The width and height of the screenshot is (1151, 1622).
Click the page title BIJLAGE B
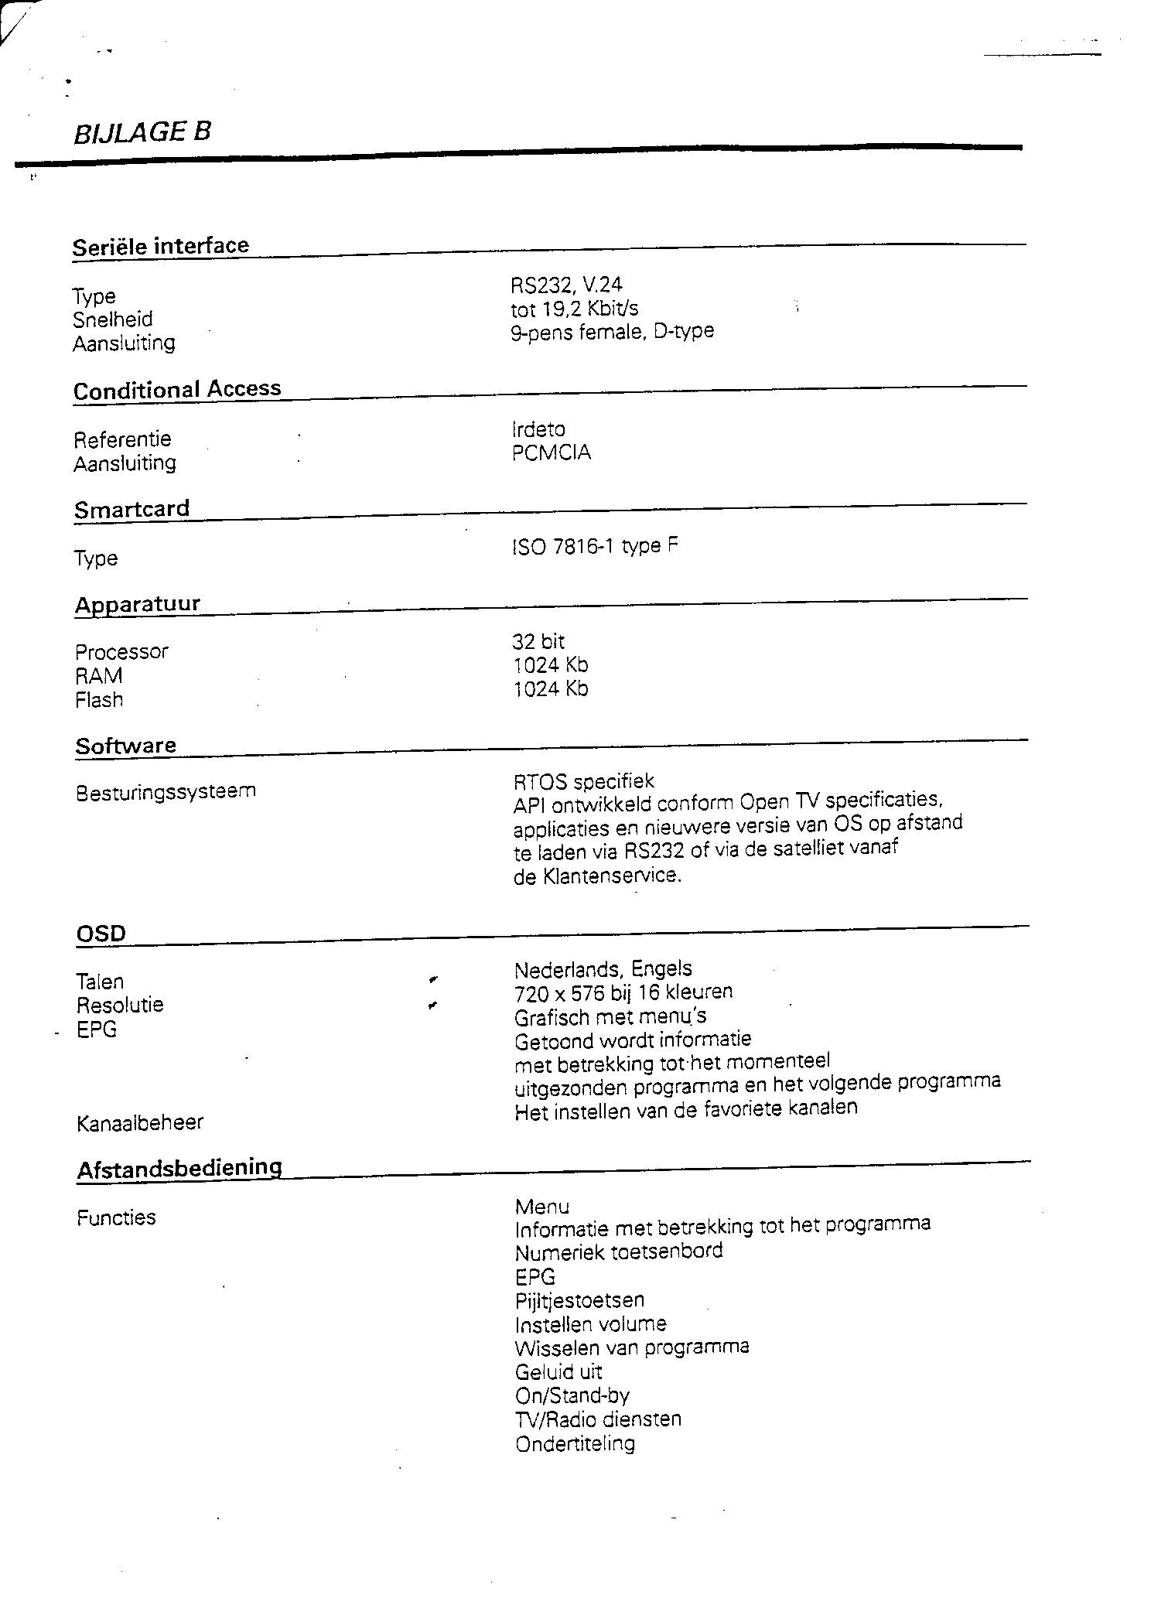(142, 132)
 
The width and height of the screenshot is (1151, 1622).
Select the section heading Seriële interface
(161, 246)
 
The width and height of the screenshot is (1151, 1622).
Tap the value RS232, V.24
(566, 285)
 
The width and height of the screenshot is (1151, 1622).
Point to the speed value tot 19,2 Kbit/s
(575, 309)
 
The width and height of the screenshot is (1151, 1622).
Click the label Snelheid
(113, 319)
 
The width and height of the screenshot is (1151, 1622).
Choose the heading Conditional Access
(177, 389)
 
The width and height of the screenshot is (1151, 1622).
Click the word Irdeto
(538, 429)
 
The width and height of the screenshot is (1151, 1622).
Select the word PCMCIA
(552, 452)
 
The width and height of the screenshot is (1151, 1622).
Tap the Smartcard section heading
(132, 509)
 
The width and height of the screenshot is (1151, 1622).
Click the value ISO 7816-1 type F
(595, 547)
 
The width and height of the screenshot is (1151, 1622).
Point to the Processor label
(121, 652)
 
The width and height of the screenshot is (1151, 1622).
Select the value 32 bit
(538, 641)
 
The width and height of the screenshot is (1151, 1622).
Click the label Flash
(99, 700)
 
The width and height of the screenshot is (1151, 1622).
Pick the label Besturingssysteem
(166, 792)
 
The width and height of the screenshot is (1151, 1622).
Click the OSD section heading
(101, 934)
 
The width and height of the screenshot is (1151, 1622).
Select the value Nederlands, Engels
(603, 969)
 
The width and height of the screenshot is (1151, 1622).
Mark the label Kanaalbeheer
(140, 1122)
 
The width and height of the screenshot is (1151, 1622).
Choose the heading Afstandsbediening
(179, 1169)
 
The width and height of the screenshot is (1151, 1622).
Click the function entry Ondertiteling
(575, 1444)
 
